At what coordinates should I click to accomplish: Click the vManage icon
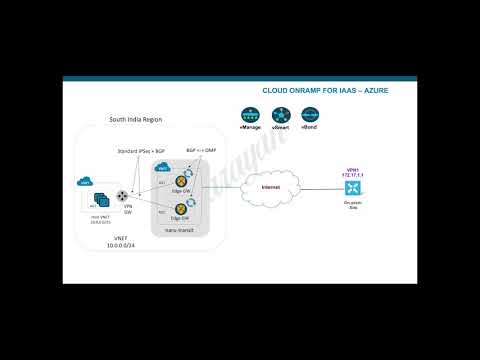click(x=250, y=115)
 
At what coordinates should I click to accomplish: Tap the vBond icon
click(x=309, y=115)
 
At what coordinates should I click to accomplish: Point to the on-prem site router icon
click(x=351, y=187)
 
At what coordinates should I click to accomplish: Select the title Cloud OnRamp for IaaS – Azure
click(x=325, y=90)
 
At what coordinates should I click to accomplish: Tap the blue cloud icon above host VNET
click(x=85, y=183)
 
